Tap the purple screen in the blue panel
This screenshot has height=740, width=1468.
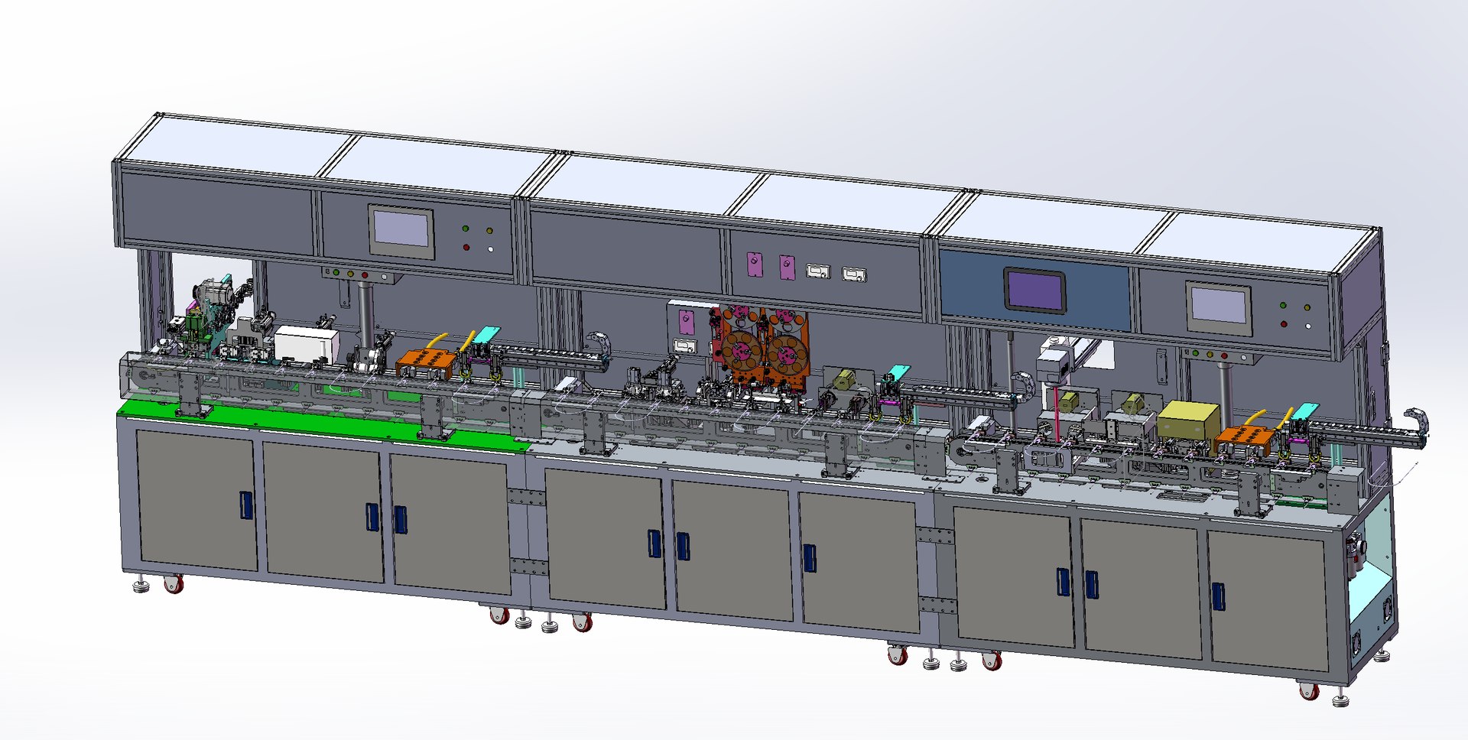[1034, 290]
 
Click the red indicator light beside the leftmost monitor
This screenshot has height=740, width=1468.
[466, 247]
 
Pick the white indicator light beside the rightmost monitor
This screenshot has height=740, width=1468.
[1308, 326]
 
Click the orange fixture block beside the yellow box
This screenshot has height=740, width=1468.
[1244, 441]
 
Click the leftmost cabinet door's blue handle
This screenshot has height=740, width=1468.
[246, 505]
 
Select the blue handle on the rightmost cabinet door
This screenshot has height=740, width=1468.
[1218, 596]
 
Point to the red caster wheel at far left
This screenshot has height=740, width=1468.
[174, 585]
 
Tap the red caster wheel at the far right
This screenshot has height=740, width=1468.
[1310, 692]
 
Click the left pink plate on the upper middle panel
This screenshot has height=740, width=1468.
[755, 264]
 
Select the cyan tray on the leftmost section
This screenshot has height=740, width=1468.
[487, 333]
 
